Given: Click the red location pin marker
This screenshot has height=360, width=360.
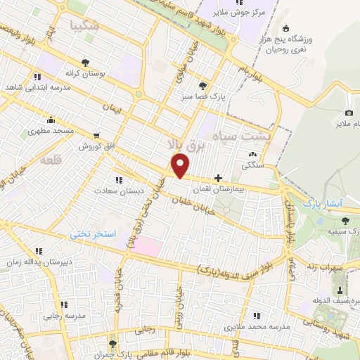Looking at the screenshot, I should click(181, 165).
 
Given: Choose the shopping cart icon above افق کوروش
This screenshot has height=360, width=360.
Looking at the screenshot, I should click(96, 135).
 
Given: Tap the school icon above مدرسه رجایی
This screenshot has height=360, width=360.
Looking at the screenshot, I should click(63, 304).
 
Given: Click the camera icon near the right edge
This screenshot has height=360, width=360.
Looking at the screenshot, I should click(349, 113).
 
